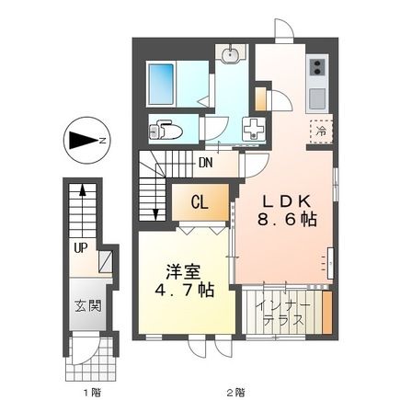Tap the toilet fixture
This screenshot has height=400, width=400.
coord(166,129)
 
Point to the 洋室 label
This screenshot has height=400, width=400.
coord(183,273)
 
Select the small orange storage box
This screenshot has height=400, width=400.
coord(260,97)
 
